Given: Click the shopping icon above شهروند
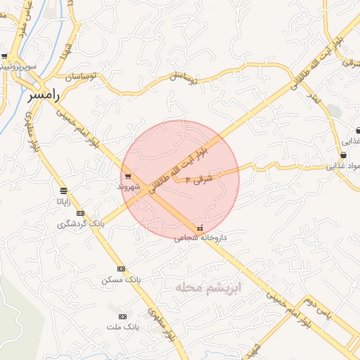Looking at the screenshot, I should point(127,176).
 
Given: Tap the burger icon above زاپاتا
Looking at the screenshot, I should point(64,191).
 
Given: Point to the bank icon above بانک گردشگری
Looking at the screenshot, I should point(81,213).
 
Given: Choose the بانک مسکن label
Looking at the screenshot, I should point(121,279).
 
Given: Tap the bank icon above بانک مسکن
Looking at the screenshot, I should point(121,269).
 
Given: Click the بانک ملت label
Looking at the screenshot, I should point(124,327).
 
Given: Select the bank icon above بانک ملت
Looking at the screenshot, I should point(124,316).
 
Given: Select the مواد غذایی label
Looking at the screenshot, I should point(343,167).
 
